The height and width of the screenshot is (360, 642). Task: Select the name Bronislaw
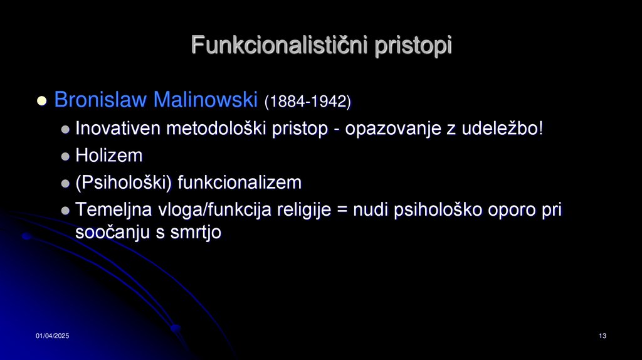coord(100,100)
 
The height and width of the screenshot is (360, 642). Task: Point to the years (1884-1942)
coord(307,101)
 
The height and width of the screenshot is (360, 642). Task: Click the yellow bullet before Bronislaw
coord(42,100)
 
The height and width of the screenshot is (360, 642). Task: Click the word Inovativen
coord(117,129)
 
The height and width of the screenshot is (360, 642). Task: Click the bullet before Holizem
coord(66,157)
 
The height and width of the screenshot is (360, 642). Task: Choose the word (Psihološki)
coord(124,183)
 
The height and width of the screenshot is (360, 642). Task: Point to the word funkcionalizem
coord(239,183)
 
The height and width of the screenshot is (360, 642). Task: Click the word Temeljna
coord(113,210)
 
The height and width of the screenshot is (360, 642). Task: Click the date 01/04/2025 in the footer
coord(52,337)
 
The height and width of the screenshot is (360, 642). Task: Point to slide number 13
coord(603,337)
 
